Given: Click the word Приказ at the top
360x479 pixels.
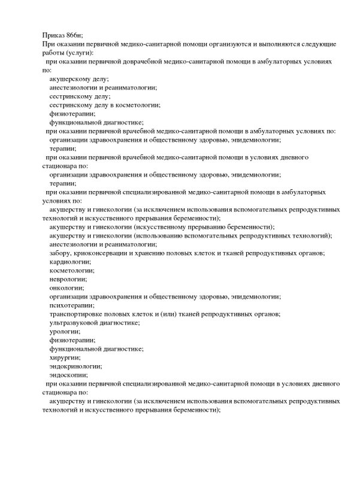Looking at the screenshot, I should click(55, 37).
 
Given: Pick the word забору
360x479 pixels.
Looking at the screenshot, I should click(62, 253).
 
